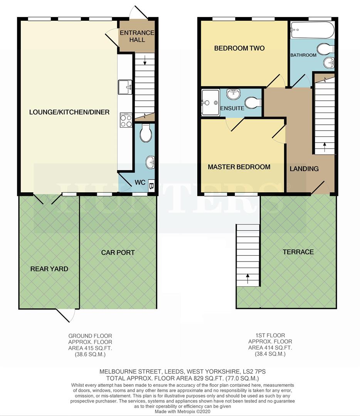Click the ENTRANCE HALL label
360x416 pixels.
click(x=137, y=36)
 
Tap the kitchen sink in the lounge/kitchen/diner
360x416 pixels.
click(x=125, y=87)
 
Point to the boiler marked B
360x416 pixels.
click(x=151, y=185)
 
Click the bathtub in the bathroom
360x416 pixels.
click(x=312, y=30)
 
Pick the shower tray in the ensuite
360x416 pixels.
click(x=209, y=102)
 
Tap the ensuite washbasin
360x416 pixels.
click(x=233, y=94)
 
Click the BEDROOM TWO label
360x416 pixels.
click(x=239, y=48)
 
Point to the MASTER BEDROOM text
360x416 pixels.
click(x=239, y=167)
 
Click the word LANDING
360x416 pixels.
click(x=304, y=168)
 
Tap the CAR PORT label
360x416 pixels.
click(x=118, y=252)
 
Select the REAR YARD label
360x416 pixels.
click(x=49, y=268)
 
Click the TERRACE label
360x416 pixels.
click(x=298, y=252)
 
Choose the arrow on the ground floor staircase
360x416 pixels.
click(x=145, y=60)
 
